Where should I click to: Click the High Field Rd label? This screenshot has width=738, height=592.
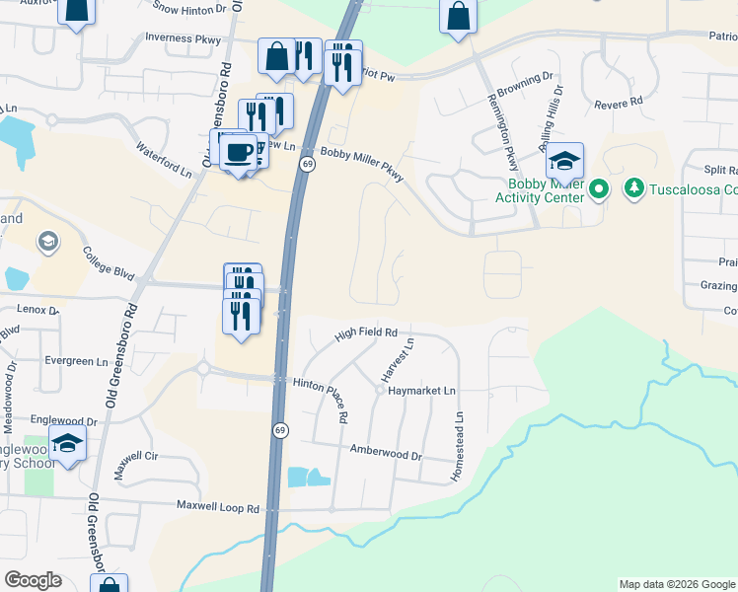[365, 333]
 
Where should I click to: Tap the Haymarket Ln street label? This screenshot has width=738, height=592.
[423, 392]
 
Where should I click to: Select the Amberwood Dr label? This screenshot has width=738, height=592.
[386, 454]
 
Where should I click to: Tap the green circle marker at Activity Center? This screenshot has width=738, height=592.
[599, 187]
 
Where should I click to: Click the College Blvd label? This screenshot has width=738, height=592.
[108, 261]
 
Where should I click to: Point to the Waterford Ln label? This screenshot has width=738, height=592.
[164, 161]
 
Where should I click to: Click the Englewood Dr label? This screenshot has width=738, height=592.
[64, 421]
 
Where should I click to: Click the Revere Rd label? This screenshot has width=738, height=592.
[618, 102]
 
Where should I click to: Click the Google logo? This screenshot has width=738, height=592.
[34, 580]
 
